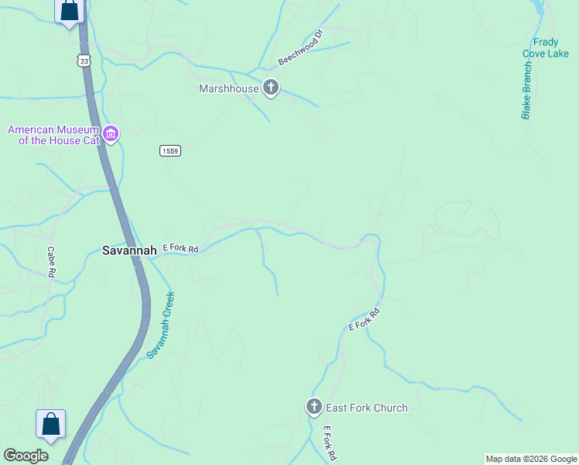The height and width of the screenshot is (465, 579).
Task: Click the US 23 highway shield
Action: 84,60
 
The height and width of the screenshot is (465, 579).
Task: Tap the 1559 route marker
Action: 171,150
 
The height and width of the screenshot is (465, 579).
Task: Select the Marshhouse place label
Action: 228,88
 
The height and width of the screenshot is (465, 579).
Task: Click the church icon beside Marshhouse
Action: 271,88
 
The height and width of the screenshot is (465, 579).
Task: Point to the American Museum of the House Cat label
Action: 53,135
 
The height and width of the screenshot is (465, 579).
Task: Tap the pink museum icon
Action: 111,135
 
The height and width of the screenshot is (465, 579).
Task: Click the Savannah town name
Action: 129,250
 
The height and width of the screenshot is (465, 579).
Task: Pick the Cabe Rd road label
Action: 51,262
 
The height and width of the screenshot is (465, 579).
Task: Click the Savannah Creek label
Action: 161,325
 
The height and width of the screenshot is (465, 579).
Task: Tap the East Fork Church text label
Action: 367,408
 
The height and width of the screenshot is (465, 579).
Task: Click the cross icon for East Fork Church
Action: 314,407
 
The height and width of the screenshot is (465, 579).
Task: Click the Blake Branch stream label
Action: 526,91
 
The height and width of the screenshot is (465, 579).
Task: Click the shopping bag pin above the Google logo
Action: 51,425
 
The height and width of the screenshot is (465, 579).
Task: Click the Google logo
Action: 26,456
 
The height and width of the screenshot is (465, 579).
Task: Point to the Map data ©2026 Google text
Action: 531,459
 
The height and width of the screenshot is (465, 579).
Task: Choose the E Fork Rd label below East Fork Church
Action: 329,443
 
